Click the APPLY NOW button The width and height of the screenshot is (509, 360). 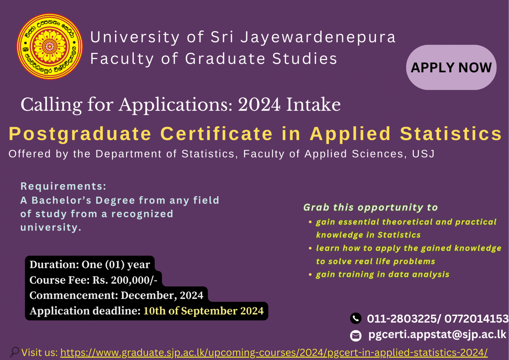(451, 67)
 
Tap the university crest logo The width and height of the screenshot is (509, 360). (50, 46)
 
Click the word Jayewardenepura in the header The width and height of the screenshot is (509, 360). (318, 37)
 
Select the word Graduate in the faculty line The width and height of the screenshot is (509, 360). (225, 59)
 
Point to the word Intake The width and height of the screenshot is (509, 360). (313, 105)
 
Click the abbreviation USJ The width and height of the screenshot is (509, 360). (423, 154)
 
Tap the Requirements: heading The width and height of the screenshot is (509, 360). (63, 186)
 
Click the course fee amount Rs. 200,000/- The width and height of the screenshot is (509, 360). (125, 280)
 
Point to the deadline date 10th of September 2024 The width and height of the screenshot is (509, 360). (203, 311)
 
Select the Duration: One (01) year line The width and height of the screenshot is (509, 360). (89, 265)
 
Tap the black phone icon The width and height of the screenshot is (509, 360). (356, 319)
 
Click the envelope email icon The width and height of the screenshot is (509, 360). (356, 336)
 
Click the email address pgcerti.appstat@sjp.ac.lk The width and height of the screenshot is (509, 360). (437, 334)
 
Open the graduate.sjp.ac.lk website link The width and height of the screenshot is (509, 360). (274, 352)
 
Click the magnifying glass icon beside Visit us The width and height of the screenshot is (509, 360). (14, 352)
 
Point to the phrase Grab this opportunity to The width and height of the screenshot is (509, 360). (370, 208)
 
